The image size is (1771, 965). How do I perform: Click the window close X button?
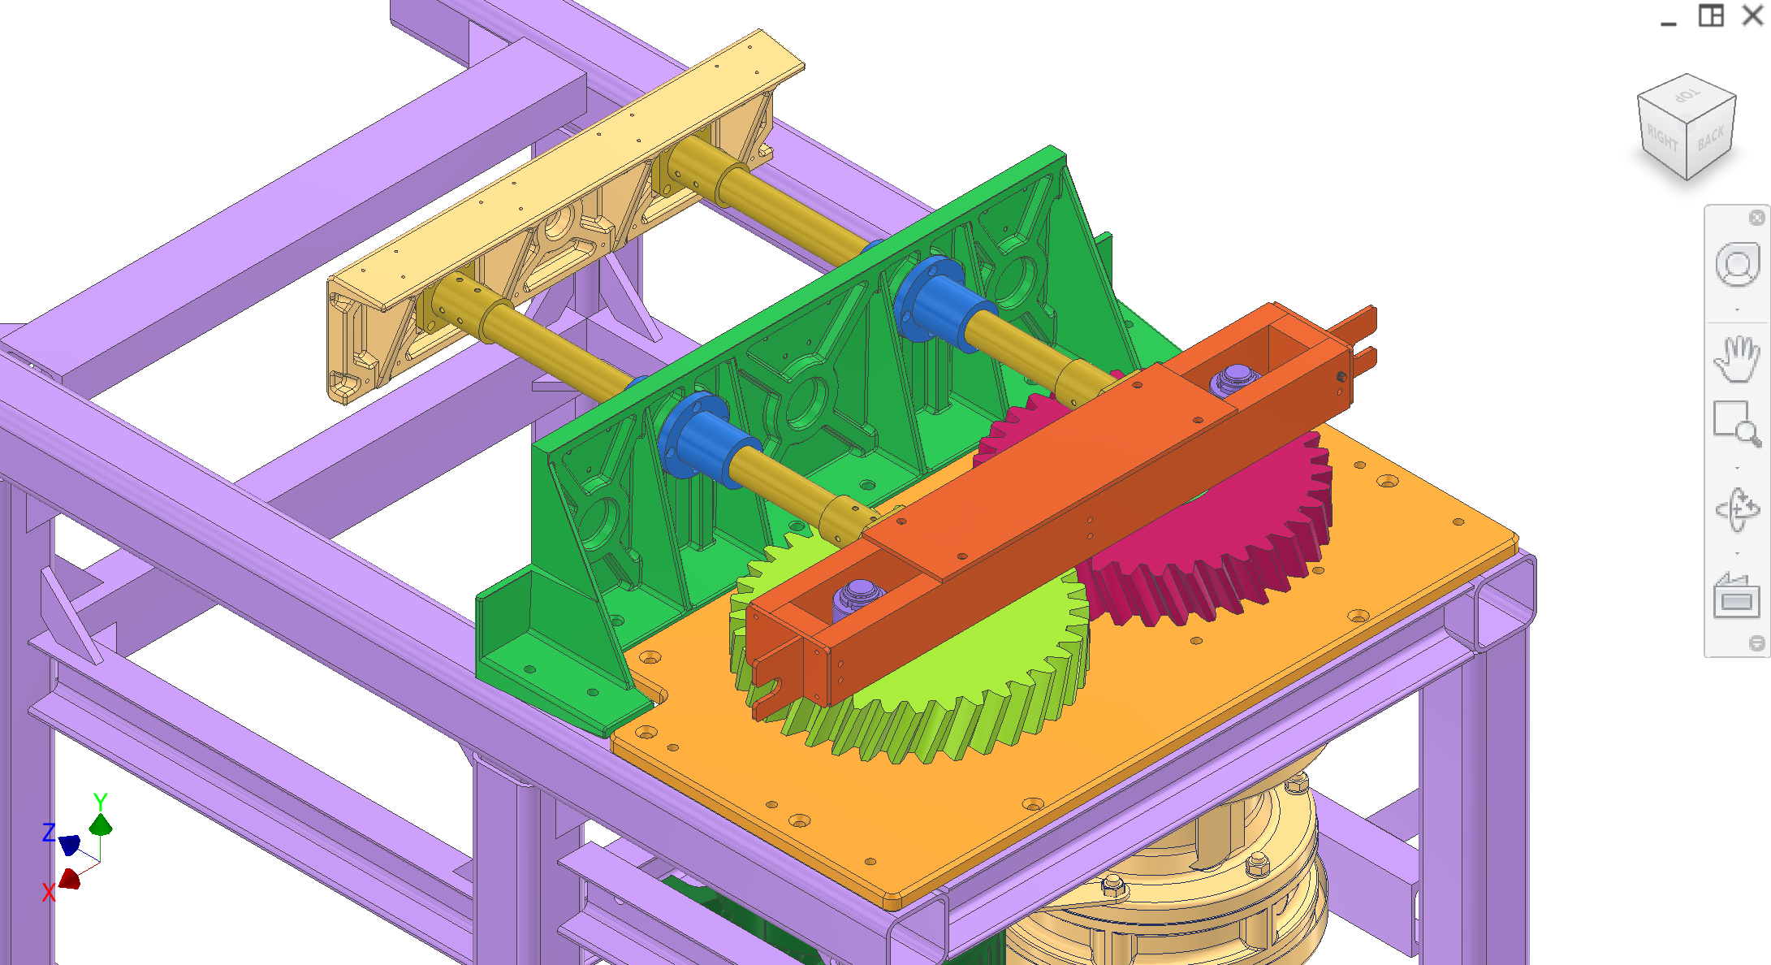click(1752, 15)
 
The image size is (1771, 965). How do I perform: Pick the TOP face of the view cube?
click(1687, 97)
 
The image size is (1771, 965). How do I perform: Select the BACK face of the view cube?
click(1711, 139)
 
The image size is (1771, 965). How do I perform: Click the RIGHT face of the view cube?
click(1661, 140)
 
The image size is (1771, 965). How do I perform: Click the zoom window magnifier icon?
click(1737, 423)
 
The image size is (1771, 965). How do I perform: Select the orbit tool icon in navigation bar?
click(1737, 510)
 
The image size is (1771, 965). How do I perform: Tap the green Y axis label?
click(100, 802)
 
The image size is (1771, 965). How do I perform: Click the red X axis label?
click(49, 893)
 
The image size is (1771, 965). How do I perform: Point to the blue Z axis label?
click(49, 832)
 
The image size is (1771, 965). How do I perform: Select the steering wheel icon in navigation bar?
click(1737, 265)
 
